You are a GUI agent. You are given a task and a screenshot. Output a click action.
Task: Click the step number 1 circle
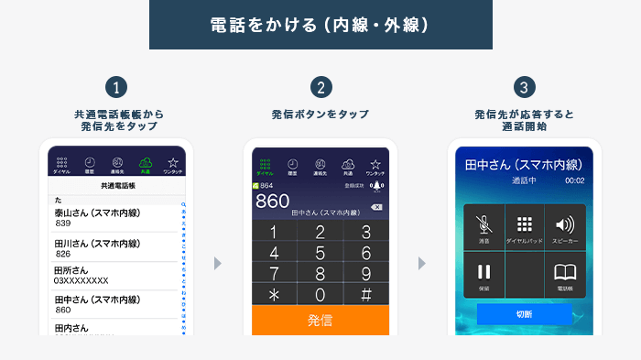pos(115,88)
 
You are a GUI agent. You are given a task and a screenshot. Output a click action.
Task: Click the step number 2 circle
pos(320,88)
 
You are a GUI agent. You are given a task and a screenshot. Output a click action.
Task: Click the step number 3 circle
pos(524,88)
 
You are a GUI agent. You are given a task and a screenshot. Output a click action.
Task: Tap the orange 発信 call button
pos(320,321)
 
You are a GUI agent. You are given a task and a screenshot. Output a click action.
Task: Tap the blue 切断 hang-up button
pos(525,314)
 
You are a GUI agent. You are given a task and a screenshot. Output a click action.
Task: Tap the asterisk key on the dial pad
pos(273,294)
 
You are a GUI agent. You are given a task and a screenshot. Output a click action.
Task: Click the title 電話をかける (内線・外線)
pos(320,25)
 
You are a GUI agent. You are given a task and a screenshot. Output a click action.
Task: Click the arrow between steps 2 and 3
pos(422,264)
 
